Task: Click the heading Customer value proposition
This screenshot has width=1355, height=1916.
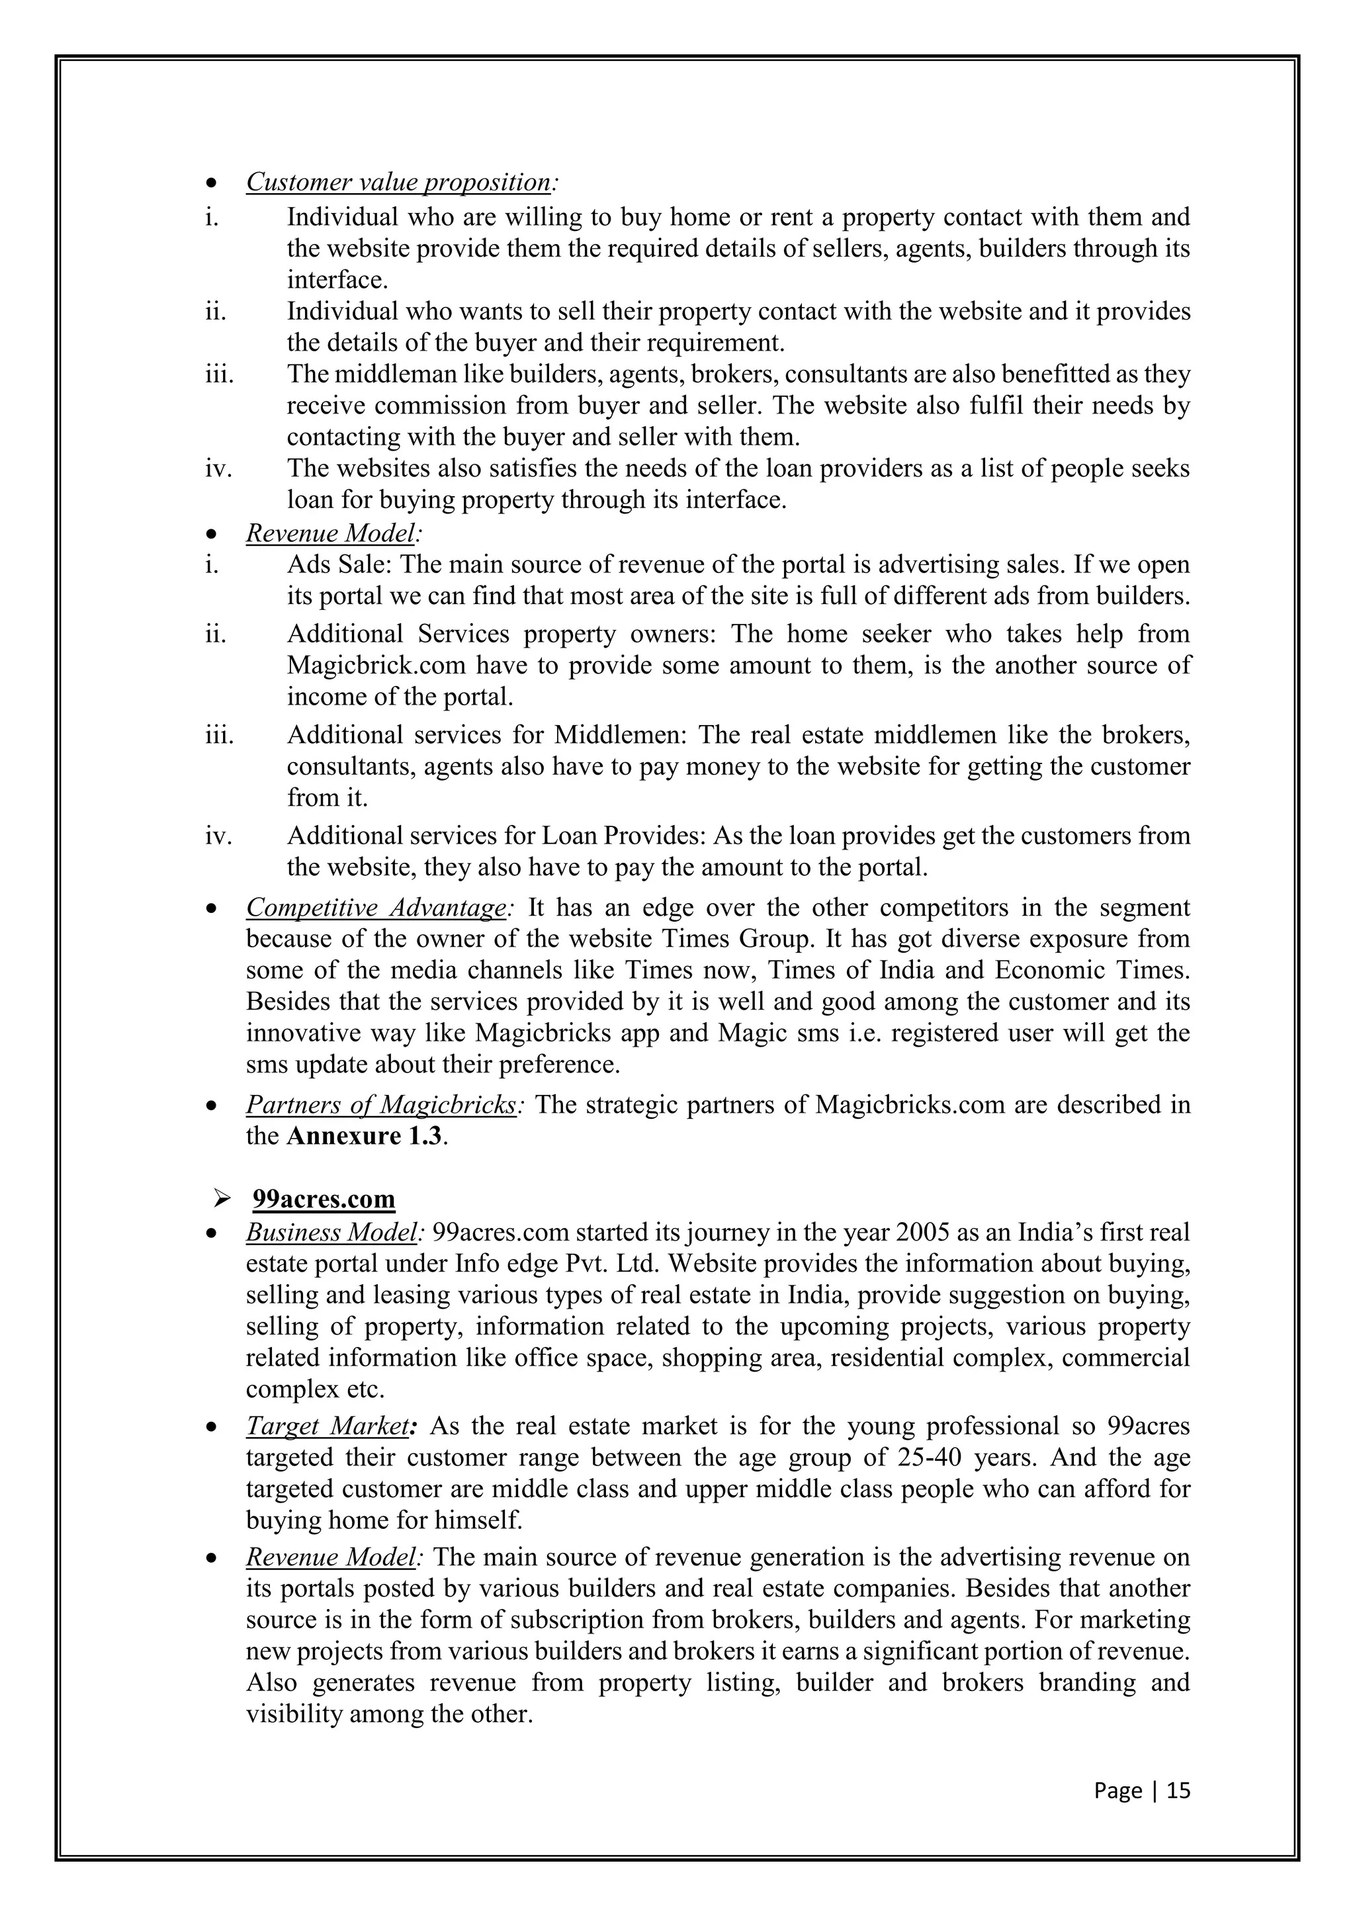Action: click(x=399, y=182)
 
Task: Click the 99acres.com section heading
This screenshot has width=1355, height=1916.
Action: click(x=324, y=1199)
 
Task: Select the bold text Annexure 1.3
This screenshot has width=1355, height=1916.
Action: click(x=364, y=1137)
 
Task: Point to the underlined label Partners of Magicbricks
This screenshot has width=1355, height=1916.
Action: click(x=381, y=1105)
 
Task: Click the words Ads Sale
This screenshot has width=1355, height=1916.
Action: click(x=339, y=565)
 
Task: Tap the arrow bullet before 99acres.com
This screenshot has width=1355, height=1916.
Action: click(x=222, y=1200)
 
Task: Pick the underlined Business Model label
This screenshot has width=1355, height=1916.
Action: click(x=332, y=1233)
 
